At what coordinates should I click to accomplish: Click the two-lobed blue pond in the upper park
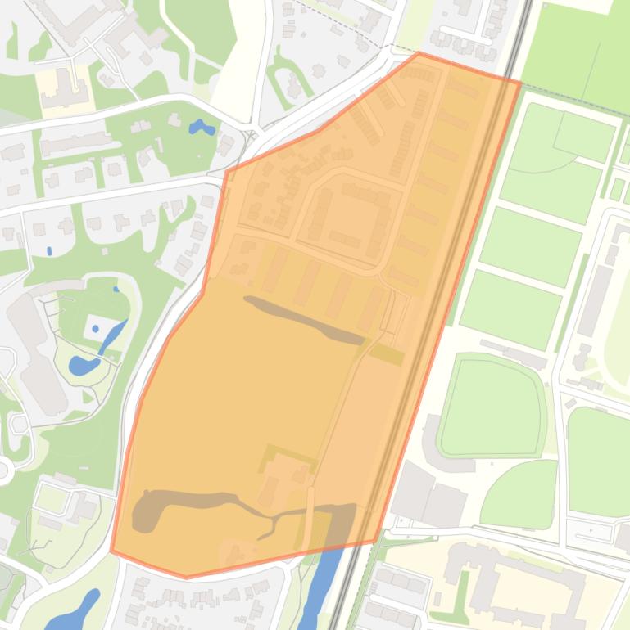click(x=201, y=128)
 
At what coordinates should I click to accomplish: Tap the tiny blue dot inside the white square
click(x=96, y=328)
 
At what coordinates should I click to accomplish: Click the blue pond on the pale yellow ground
click(x=74, y=610)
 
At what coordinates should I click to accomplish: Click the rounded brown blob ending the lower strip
click(x=147, y=511)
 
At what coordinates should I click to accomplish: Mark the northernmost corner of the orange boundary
click(x=419, y=53)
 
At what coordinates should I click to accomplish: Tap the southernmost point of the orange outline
click(x=187, y=578)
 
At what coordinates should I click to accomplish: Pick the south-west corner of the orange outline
click(x=111, y=551)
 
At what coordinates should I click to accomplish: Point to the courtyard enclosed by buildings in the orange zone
click(x=345, y=217)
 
